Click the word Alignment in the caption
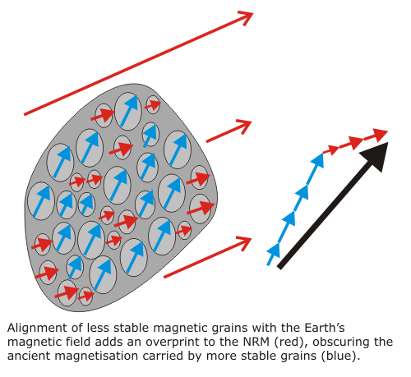pyautogui.click(x=37, y=328)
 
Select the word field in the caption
pyautogui.click(x=78, y=342)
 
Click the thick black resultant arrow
pyautogui.click(x=333, y=205)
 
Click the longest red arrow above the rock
pyautogui.click(x=139, y=63)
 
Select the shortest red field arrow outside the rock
pyautogui.click(x=229, y=131)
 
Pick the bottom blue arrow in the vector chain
pyautogui.click(x=274, y=254)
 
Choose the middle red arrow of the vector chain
pyautogui.click(x=351, y=143)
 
